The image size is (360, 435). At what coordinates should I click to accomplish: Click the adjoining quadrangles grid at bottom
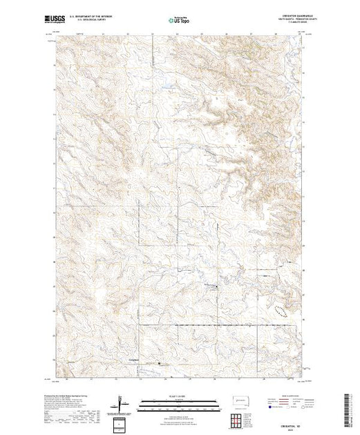click(242, 420)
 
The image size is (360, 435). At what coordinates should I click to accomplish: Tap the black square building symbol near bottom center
click(159, 364)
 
